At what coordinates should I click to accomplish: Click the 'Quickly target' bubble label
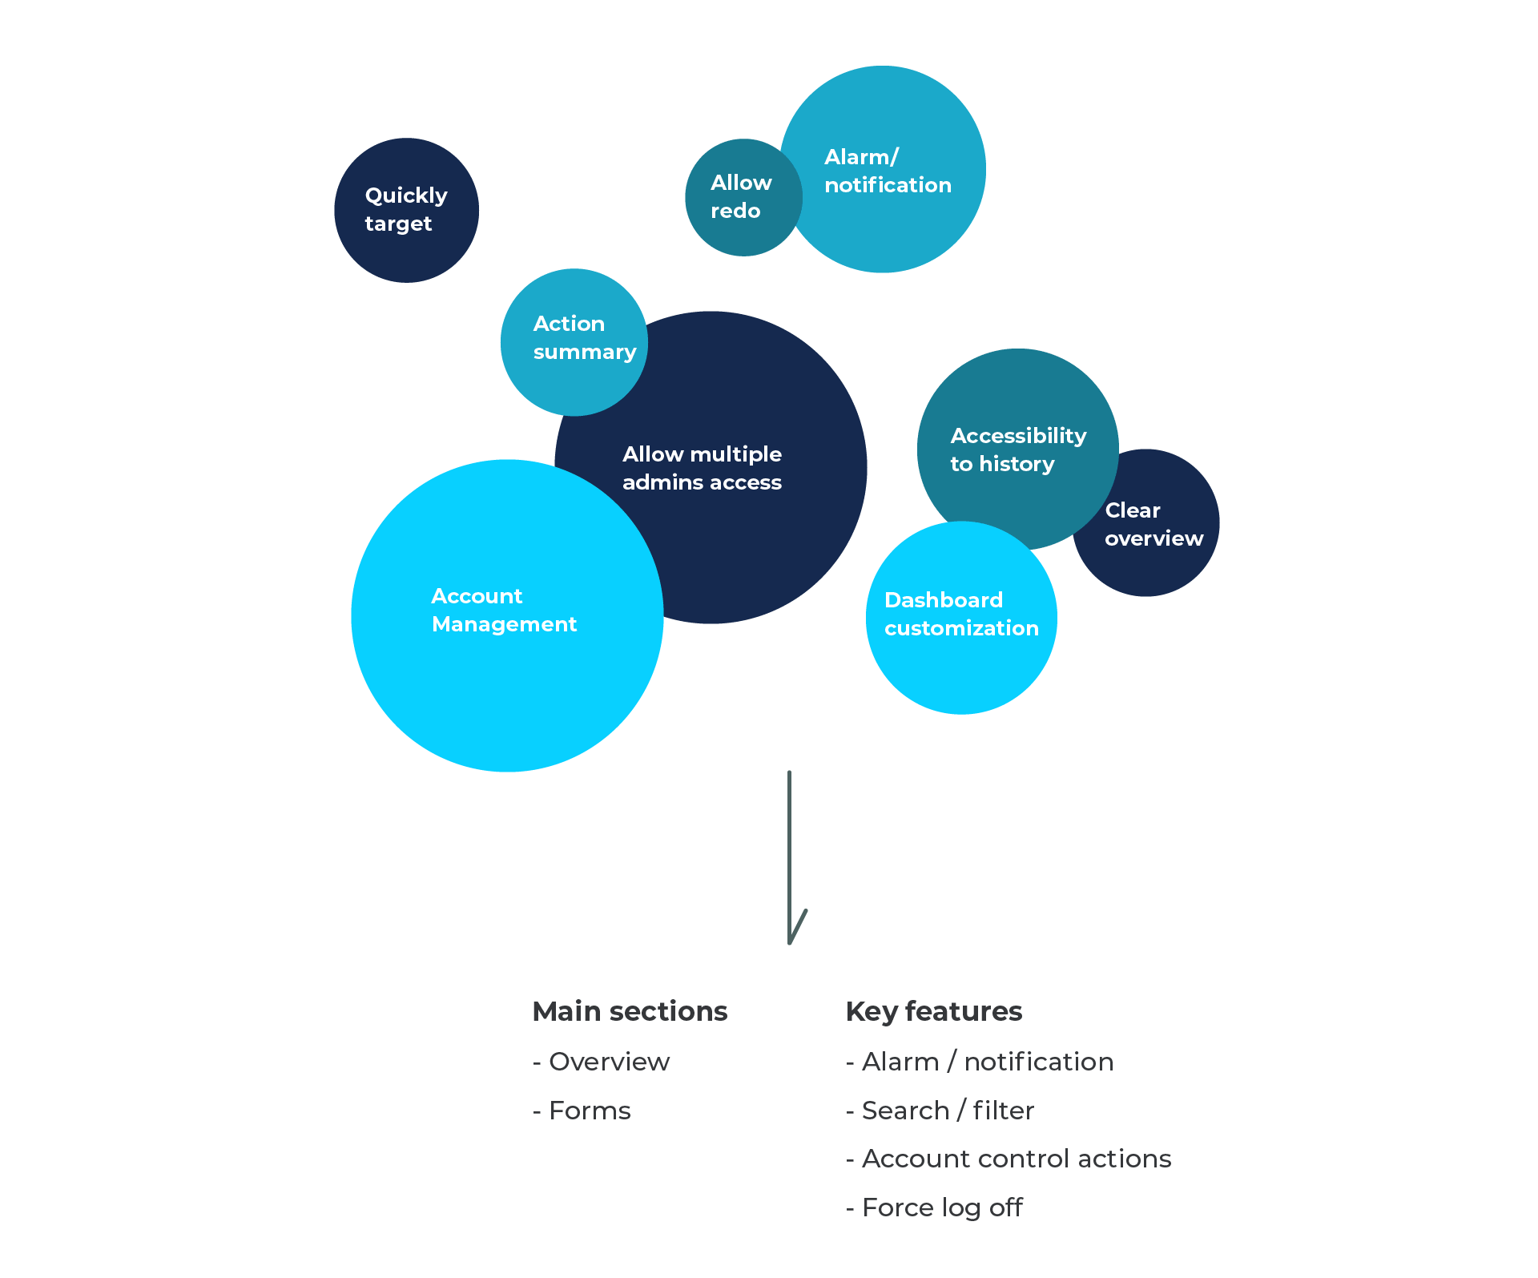coord(405,209)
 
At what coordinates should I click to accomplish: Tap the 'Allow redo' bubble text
coord(740,196)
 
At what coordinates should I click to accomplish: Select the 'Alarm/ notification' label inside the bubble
coord(888,171)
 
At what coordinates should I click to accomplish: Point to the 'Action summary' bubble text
coord(584,337)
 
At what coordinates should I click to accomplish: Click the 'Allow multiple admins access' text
coord(702,468)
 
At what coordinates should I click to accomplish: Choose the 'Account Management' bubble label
coord(504,610)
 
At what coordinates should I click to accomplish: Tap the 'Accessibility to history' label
coord(1017,450)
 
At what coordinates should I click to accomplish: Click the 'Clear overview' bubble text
coord(1153,524)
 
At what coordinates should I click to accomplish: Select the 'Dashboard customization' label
coord(960,614)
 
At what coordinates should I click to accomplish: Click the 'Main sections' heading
coord(630,1011)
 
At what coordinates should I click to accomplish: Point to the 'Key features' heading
coord(933,1011)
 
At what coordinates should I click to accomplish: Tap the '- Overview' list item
coord(601,1062)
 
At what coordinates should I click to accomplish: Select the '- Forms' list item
coord(582,1111)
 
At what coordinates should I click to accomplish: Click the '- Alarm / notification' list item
coord(979,1062)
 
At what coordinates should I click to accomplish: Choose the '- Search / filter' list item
coord(940,1111)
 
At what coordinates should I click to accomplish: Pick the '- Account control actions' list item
coord(1008,1159)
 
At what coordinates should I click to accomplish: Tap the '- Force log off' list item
coord(934,1207)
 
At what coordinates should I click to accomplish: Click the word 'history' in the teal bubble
coord(1017,465)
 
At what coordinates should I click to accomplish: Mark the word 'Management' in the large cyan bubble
coord(504,624)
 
